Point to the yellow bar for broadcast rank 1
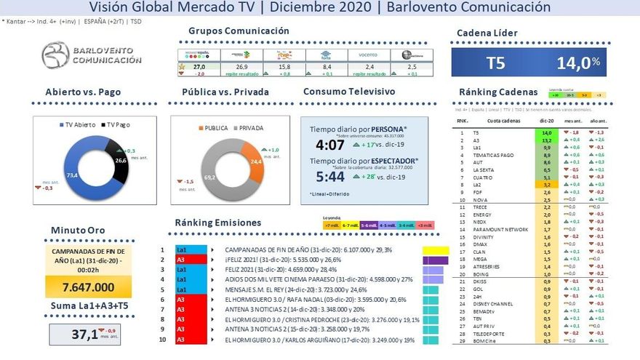click(x=436, y=250)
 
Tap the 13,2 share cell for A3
click(x=547, y=140)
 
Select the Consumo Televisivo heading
click(x=349, y=92)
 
